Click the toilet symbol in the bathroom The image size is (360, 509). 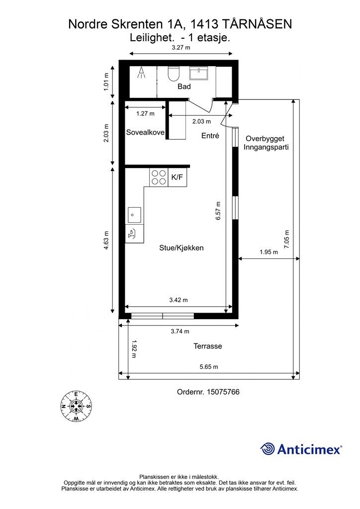[x=174, y=74]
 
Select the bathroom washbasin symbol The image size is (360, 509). [x=199, y=74]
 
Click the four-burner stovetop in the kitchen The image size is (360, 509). [x=159, y=177]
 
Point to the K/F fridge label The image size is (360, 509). [x=177, y=177]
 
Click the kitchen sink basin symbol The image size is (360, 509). [x=134, y=215]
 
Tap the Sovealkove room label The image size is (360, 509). [x=145, y=132]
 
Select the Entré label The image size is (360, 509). [x=210, y=136]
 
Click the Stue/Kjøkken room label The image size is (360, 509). [x=181, y=248]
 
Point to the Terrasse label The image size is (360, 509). [x=208, y=346]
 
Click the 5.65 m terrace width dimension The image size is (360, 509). [x=209, y=367]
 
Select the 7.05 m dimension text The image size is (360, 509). [x=286, y=239]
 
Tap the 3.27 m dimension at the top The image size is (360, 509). [x=181, y=47]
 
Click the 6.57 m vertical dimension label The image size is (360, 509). [x=218, y=211]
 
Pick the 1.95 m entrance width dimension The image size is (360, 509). [x=269, y=252]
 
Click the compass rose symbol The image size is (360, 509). [x=76, y=406]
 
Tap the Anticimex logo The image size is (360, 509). [x=301, y=449]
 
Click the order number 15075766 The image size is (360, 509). [x=208, y=392]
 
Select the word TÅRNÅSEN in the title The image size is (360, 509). [x=258, y=24]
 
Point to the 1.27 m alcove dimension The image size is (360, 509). [x=145, y=114]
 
